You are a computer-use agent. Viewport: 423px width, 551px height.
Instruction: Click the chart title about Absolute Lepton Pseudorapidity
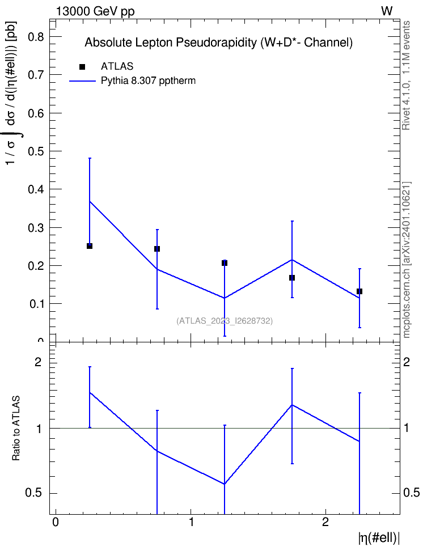pos(218,43)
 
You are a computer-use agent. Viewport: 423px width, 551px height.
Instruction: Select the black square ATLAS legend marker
pos(82,66)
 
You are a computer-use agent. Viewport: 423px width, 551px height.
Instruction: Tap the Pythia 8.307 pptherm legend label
pos(148,81)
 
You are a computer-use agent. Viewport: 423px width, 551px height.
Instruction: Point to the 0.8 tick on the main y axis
pos(36,36)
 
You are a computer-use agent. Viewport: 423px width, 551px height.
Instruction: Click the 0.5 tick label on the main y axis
pos(36,151)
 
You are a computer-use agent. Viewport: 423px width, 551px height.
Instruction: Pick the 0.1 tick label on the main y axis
pos(36,304)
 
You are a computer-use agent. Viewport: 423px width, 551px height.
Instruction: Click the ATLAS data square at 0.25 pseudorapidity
pos(90,246)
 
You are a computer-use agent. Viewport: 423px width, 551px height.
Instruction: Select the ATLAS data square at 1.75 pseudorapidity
pos(292,278)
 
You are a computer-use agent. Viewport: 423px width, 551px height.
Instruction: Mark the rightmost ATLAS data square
pos(359,291)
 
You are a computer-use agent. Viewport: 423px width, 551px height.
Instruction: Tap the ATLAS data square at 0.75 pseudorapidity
pos(157,249)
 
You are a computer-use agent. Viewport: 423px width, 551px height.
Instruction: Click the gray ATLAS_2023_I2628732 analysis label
pos(225,321)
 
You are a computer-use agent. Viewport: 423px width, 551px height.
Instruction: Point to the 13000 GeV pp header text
pos(95,11)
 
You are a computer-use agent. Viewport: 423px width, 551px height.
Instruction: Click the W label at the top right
pos(387,11)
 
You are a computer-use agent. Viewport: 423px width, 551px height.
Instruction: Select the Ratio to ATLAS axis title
pos(16,429)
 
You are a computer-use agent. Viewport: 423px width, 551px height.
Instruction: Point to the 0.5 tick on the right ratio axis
pos(411,493)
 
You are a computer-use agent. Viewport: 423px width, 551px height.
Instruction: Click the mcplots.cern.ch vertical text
pos(406,260)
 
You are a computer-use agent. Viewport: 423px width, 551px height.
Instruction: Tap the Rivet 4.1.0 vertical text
pos(406,75)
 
